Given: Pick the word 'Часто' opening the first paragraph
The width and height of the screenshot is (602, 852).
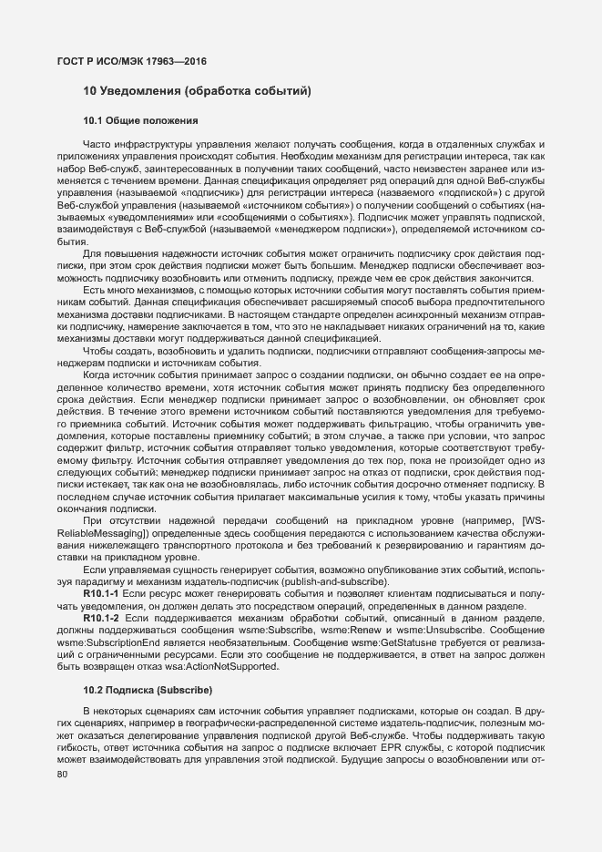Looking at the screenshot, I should pos(97,144).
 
